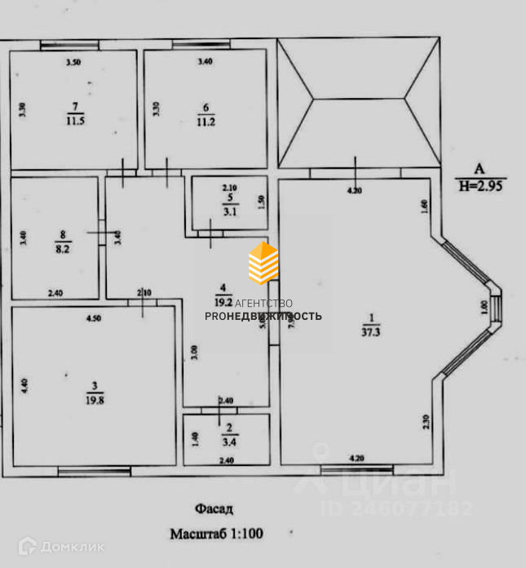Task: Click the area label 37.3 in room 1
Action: pos(370,331)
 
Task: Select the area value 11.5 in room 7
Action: pos(77,121)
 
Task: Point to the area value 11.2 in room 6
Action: pos(205,122)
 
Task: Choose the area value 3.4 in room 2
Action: pos(231,446)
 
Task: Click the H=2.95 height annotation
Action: pos(482,185)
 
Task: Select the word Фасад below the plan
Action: pos(214,509)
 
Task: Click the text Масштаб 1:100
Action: pos(216,535)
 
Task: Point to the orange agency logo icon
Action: pos(263,262)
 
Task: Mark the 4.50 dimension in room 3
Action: pos(93,318)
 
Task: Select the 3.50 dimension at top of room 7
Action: pos(73,62)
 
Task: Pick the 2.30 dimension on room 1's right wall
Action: pos(427,422)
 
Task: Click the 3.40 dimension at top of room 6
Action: pos(205,62)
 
